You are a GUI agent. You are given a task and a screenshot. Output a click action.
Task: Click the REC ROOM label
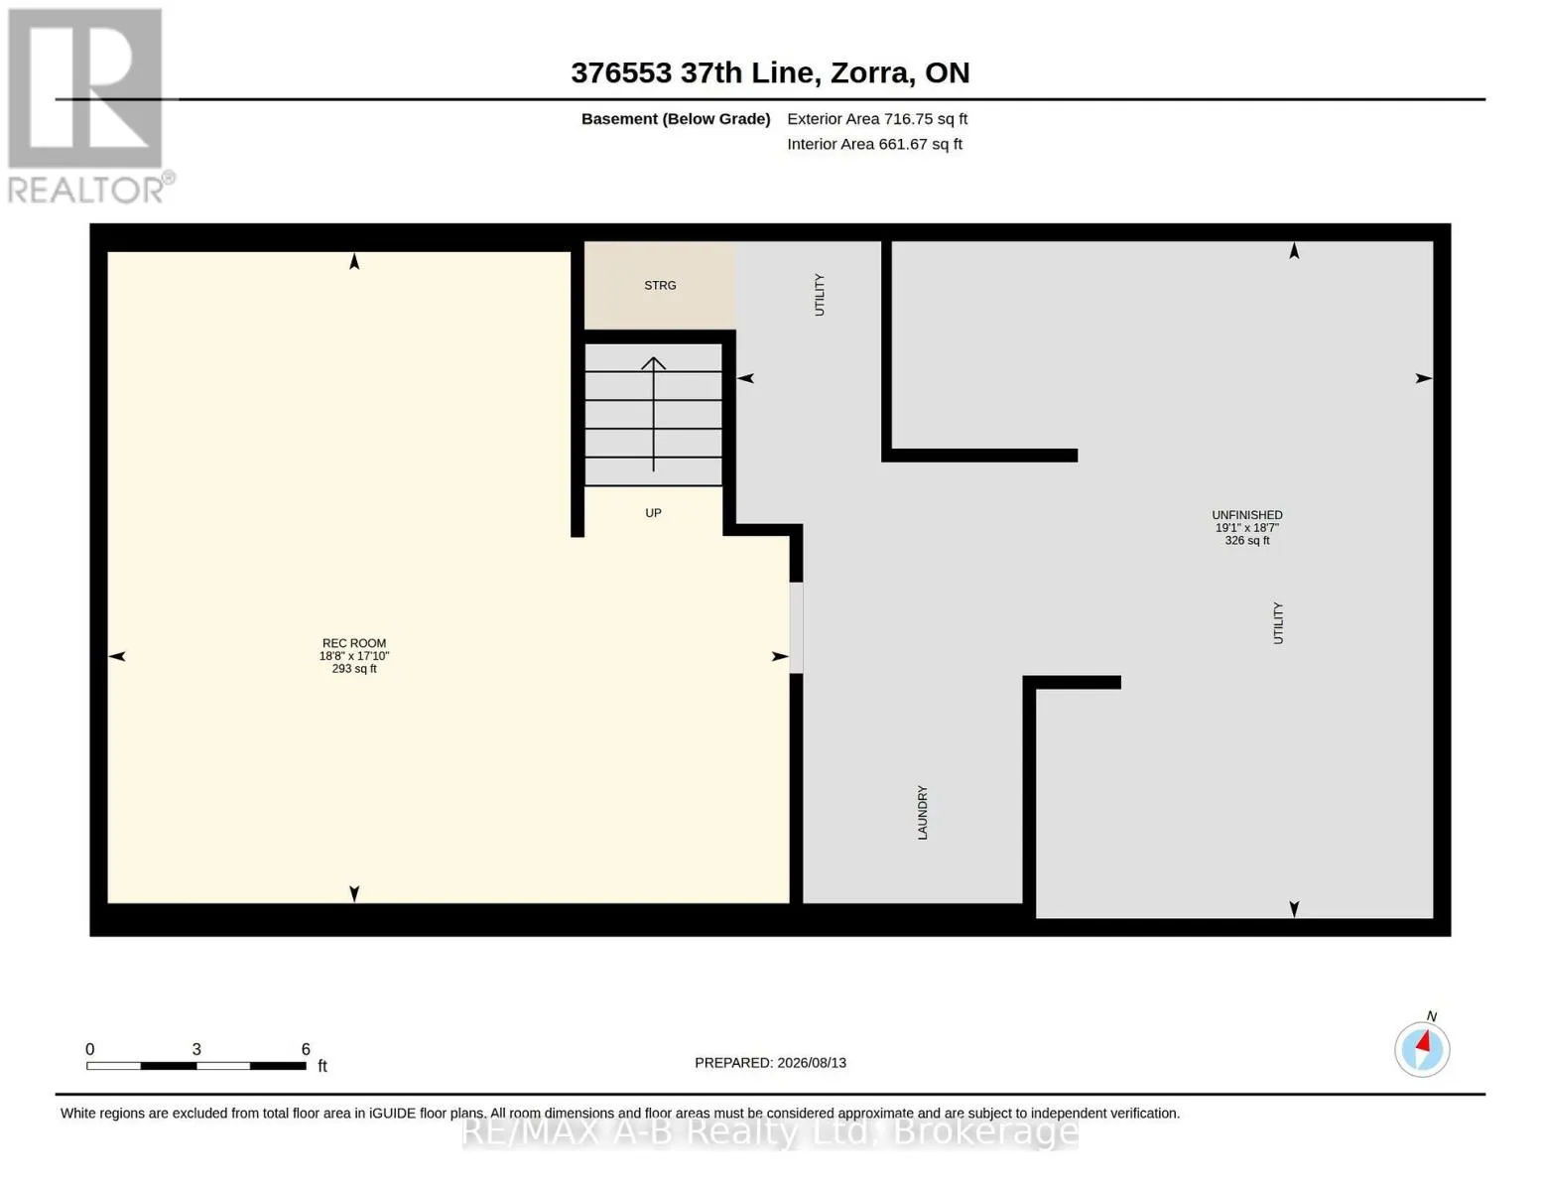click(x=354, y=643)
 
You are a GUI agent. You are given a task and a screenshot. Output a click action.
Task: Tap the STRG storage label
click(x=660, y=285)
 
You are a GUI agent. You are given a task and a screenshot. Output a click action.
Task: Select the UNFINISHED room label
click(x=1246, y=515)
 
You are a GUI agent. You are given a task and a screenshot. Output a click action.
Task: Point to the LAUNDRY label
click(x=922, y=813)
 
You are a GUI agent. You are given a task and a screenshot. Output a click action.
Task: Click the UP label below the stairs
click(x=653, y=513)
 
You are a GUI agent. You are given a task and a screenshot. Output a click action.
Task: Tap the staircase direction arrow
click(x=653, y=414)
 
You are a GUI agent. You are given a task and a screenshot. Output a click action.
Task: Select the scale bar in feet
click(x=196, y=1065)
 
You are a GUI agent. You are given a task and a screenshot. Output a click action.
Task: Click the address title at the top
click(x=770, y=72)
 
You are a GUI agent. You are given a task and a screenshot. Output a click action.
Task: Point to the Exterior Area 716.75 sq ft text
click(x=877, y=119)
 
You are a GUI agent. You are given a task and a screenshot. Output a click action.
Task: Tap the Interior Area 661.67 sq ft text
click(x=874, y=144)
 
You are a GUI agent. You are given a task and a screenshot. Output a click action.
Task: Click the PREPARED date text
click(x=770, y=1063)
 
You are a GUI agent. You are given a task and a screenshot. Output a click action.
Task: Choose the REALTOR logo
click(x=88, y=106)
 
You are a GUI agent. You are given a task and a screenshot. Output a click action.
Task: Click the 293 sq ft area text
click(x=354, y=669)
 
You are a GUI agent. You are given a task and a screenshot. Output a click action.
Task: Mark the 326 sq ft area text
click(x=1246, y=541)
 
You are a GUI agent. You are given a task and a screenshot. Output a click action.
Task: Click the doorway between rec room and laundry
click(x=797, y=628)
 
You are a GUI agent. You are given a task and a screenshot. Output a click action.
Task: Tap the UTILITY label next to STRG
click(x=819, y=295)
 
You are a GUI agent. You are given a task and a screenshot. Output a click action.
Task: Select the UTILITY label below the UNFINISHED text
click(x=1278, y=623)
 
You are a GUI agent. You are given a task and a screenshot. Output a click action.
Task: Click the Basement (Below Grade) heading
click(x=675, y=119)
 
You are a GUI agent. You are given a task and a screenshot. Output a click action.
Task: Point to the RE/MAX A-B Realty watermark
click(x=770, y=1132)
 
